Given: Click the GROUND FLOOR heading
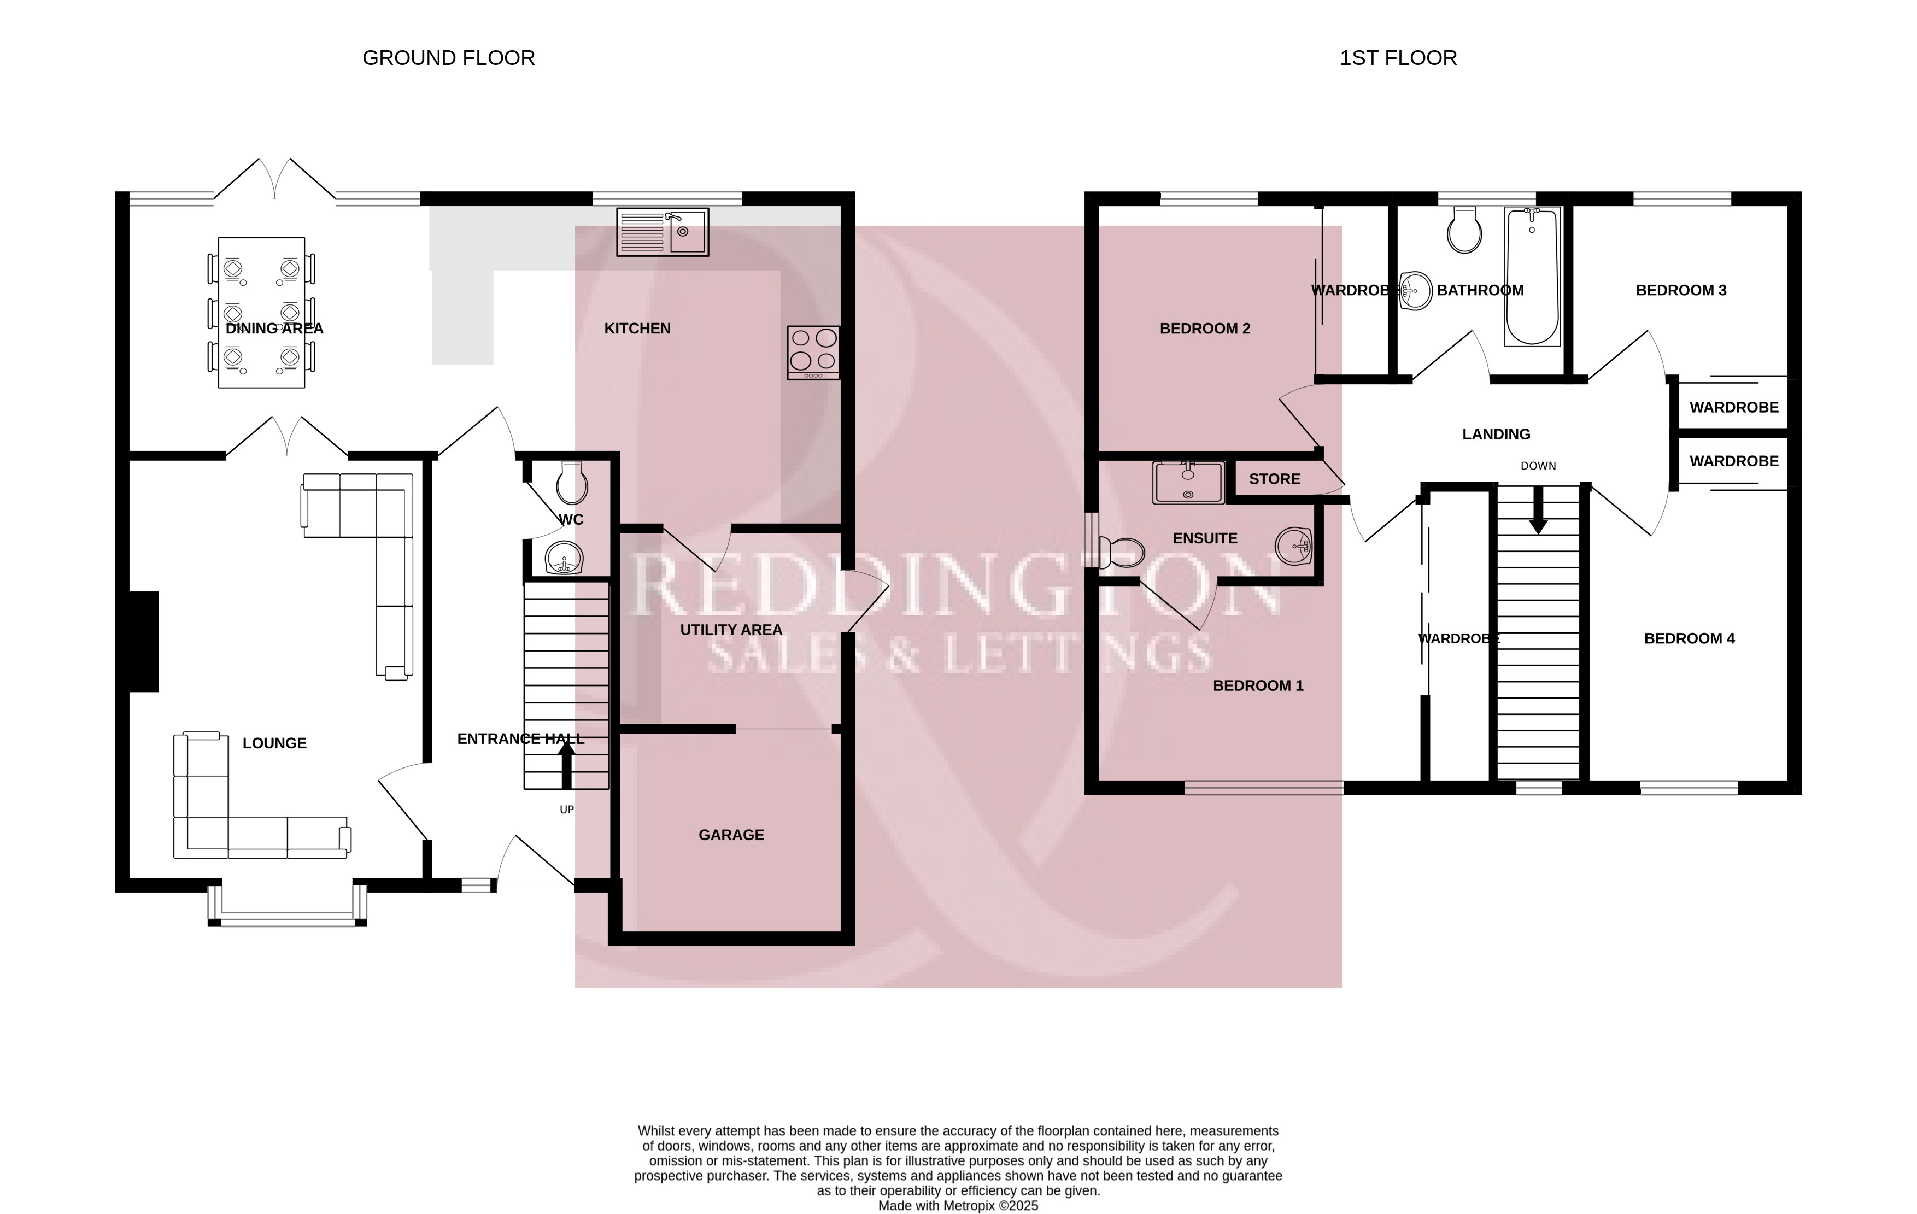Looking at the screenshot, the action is pyautogui.click(x=448, y=58).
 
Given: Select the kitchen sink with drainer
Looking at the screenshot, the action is pyautogui.click(x=663, y=232).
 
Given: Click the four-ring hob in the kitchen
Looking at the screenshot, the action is pyautogui.click(x=813, y=352).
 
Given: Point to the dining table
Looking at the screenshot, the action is pyautogui.click(x=261, y=313).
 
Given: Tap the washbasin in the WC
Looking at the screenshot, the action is pyautogui.click(x=565, y=557).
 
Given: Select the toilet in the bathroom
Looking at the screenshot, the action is pyautogui.click(x=1465, y=230).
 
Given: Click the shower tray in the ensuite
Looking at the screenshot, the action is pyautogui.click(x=1188, y=483).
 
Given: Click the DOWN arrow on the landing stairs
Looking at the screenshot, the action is pyautogui.click(x=1538, y=509).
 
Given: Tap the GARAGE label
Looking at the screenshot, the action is pyautogui.click(x=731, y=835).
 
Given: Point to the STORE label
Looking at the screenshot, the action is pyautogui.click(x=1275, y=479).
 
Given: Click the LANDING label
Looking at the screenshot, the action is pyautogui.click(x=1496, y=435).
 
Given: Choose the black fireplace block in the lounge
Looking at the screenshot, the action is pyautogui.click(x=144, y=642).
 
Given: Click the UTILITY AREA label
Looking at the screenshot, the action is pyautogui.click(x=731, y=630).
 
